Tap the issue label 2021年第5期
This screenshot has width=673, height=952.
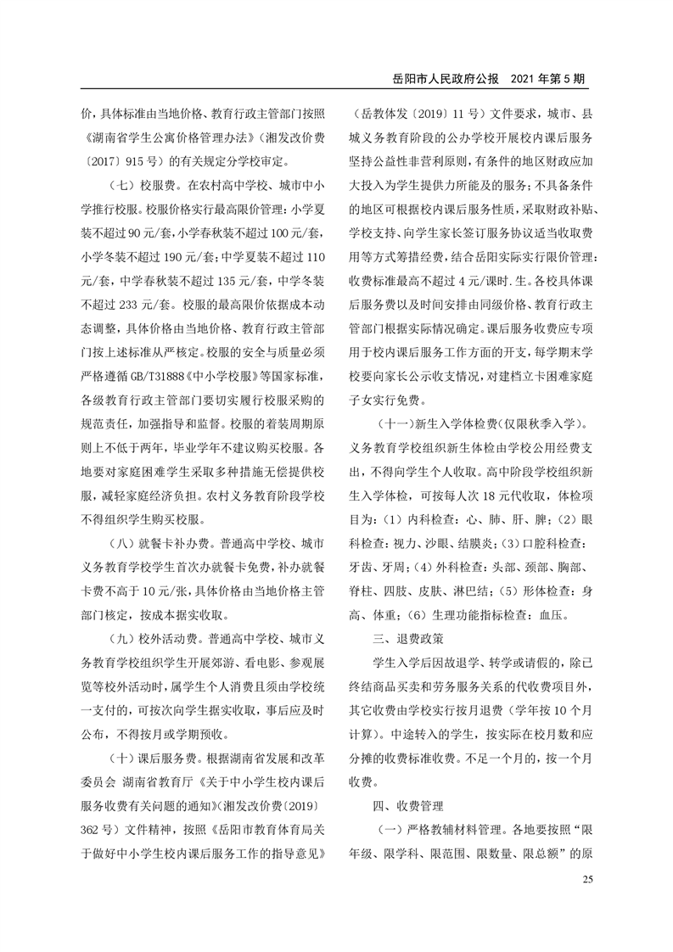pos(548,77)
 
